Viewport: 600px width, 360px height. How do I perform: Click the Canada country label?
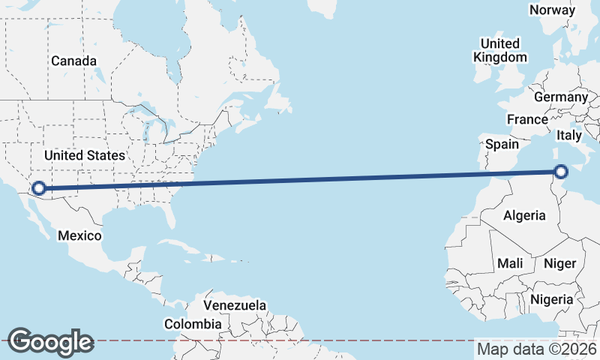click(73, 61)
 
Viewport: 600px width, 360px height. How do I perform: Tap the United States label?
click(84, 155)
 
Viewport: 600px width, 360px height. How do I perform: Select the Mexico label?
click(79, 235)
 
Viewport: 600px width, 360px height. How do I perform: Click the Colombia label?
click(193, 324)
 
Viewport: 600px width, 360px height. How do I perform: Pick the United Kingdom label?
click(500, 50)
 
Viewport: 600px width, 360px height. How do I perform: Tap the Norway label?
click(552, 10)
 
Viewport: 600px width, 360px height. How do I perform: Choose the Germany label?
click(561, 97)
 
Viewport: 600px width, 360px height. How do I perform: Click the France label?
click(527, 119)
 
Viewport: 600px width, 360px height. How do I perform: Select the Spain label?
click(502, 143)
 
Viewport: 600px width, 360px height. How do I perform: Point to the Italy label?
click(568, 136)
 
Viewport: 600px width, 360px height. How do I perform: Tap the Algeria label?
click(524, 215)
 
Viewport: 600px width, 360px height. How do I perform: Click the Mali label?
click(510, 263)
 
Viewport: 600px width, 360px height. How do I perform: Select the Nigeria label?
click(551, 299)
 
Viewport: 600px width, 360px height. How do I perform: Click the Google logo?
click(50, 342)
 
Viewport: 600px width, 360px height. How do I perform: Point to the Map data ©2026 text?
click(536, 349)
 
